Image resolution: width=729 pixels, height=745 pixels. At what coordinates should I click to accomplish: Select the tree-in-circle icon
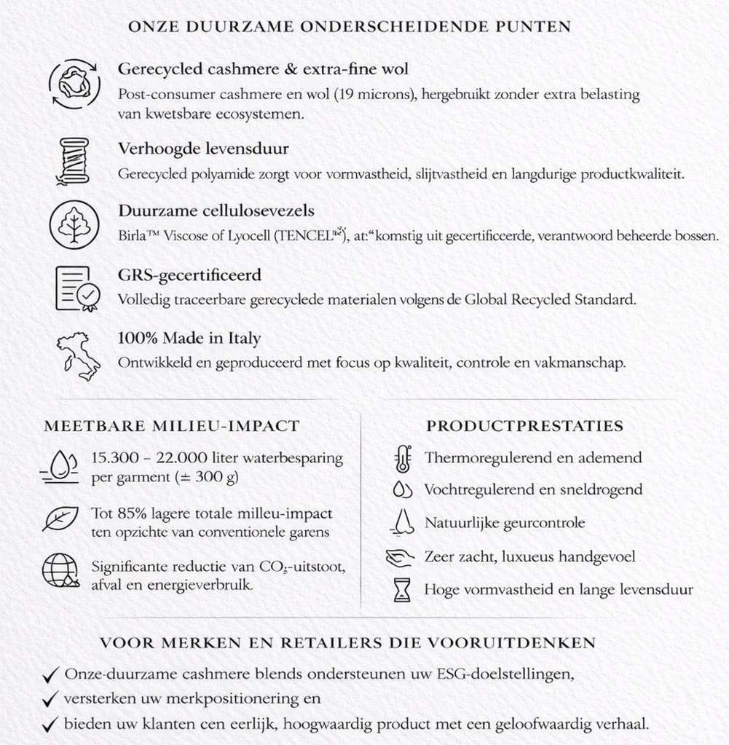click(71, 222)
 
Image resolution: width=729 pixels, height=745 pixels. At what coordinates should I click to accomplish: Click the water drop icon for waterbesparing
click(61, 466)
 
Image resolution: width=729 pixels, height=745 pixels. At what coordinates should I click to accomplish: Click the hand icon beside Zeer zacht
click(400, 557)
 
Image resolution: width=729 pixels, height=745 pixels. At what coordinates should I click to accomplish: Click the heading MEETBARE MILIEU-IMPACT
click(172, 426)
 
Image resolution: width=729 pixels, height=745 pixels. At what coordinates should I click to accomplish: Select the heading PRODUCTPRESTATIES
click(524, 425)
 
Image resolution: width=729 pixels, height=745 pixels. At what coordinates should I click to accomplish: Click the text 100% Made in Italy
click(189, 339)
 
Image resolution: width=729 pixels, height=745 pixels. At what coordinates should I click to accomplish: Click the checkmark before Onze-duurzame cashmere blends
click(51, 675)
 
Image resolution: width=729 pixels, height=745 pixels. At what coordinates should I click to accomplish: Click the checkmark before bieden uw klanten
click(51, 724)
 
